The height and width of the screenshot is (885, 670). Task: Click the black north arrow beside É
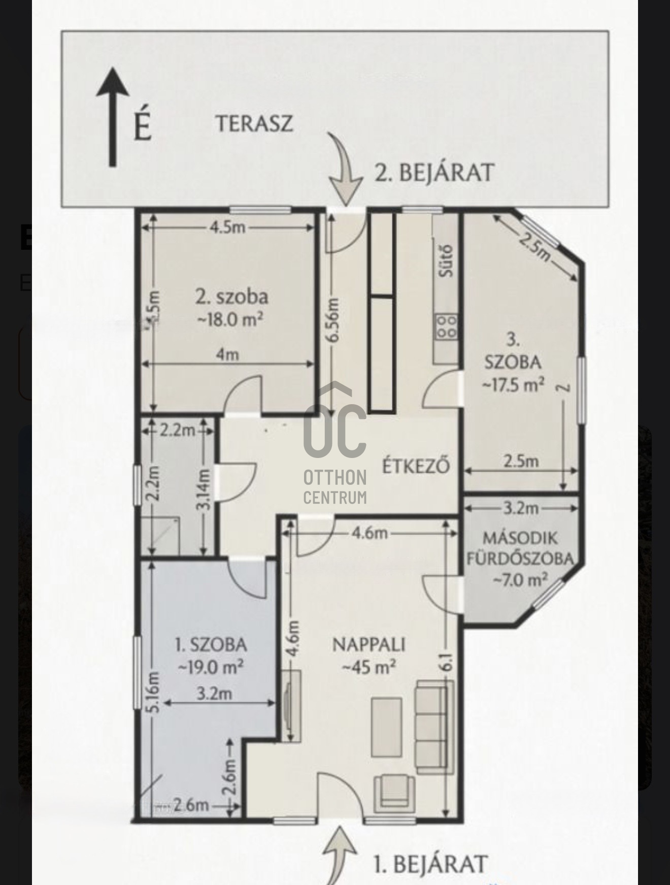(112, 117)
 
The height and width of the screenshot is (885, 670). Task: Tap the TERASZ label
(254, 124)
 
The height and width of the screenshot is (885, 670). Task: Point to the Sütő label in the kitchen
(447, 261)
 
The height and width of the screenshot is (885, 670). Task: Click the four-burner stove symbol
(446, 326)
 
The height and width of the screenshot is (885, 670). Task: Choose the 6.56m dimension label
(333, 322)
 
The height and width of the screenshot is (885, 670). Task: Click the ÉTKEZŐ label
(416, 466)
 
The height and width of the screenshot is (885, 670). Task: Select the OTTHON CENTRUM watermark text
(335, 487)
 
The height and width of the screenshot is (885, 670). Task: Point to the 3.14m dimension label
(204, 489)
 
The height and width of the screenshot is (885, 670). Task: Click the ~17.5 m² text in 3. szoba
(513, 384)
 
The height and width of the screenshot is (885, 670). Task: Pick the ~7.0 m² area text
(520, 578)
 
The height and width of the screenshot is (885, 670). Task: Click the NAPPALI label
(369, 644)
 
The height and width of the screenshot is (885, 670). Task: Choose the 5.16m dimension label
(155, 692)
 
